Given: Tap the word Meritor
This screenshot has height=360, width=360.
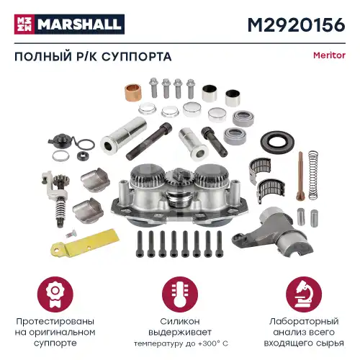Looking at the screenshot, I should point(329,55).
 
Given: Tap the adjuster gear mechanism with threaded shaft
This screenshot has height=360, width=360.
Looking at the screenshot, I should point(55,194).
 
